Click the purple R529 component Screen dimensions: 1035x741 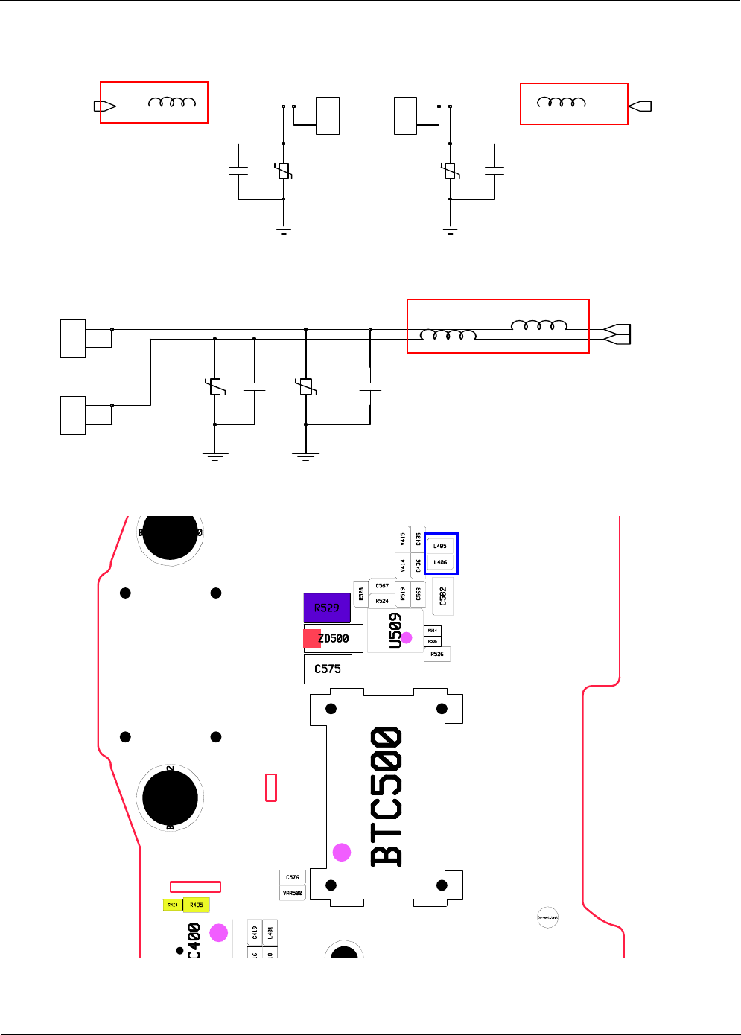click(327, 608)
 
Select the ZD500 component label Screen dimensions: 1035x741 click(334, 639)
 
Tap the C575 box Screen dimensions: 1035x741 click(328, 669)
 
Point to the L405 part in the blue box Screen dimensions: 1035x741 click(440, 546)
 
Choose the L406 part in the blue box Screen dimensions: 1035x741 click(440, 562)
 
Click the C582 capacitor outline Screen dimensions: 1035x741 click(443, 596)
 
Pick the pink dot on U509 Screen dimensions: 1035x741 click(407, 638)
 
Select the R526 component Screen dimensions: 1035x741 click(437, 654)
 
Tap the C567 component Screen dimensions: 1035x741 click(382, 586)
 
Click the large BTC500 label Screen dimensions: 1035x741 click(387, 797)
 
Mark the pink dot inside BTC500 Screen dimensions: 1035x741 click(342, 852)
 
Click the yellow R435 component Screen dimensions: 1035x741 click(197, 905)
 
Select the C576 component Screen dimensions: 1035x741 click(293, 877)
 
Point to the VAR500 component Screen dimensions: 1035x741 click(293, 893)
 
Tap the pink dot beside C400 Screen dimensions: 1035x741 click(219, 932)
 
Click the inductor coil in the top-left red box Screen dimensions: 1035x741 click(172, 102)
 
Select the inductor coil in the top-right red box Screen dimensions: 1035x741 click(561, 102)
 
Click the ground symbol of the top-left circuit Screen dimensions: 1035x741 click(284, 229)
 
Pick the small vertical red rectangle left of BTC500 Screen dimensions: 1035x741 click(271, 787)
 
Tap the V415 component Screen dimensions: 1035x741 click(402, 538)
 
